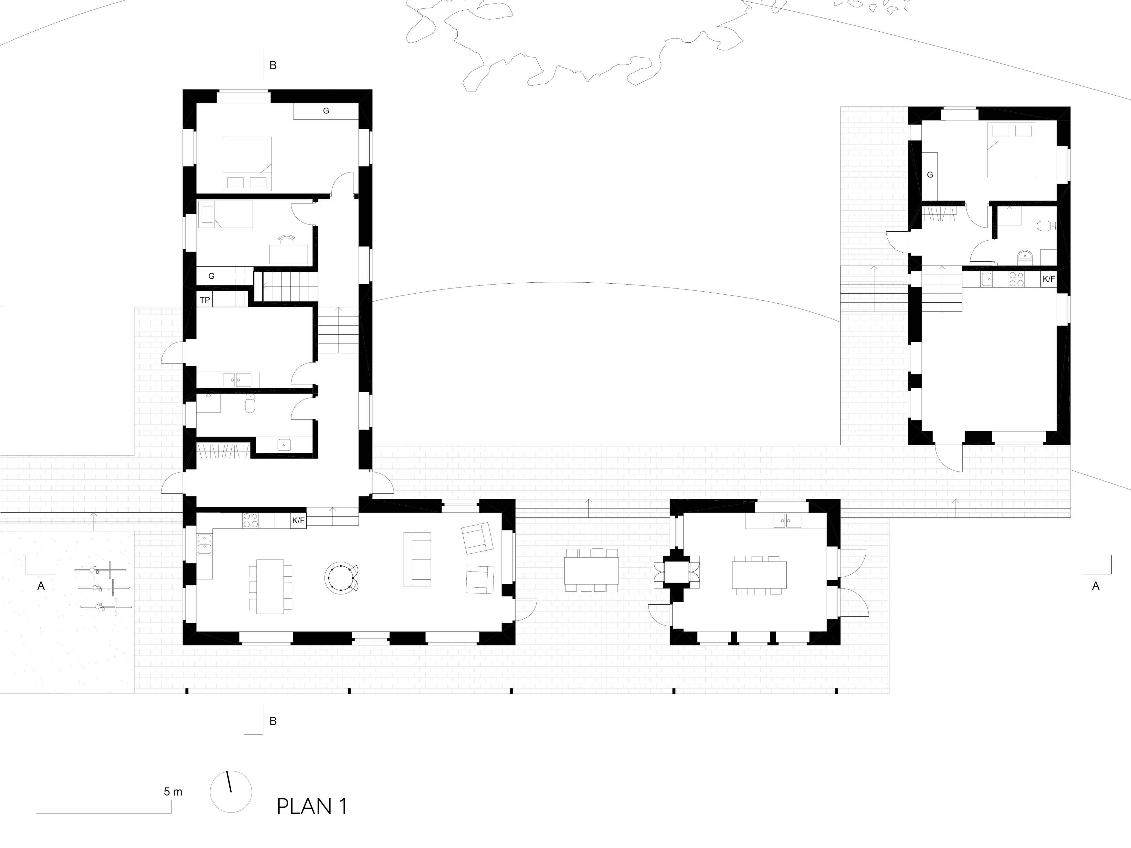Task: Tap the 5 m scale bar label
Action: [x=173, y=792]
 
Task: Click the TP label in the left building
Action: [x=205, y=300]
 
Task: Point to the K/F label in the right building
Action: [x=1049, y=279]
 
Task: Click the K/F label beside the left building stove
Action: [x=298, y=521]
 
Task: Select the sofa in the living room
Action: [x=417, y=559]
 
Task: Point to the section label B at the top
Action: [x=273, y=66]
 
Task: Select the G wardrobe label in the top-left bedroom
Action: [x=326, y=110]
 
